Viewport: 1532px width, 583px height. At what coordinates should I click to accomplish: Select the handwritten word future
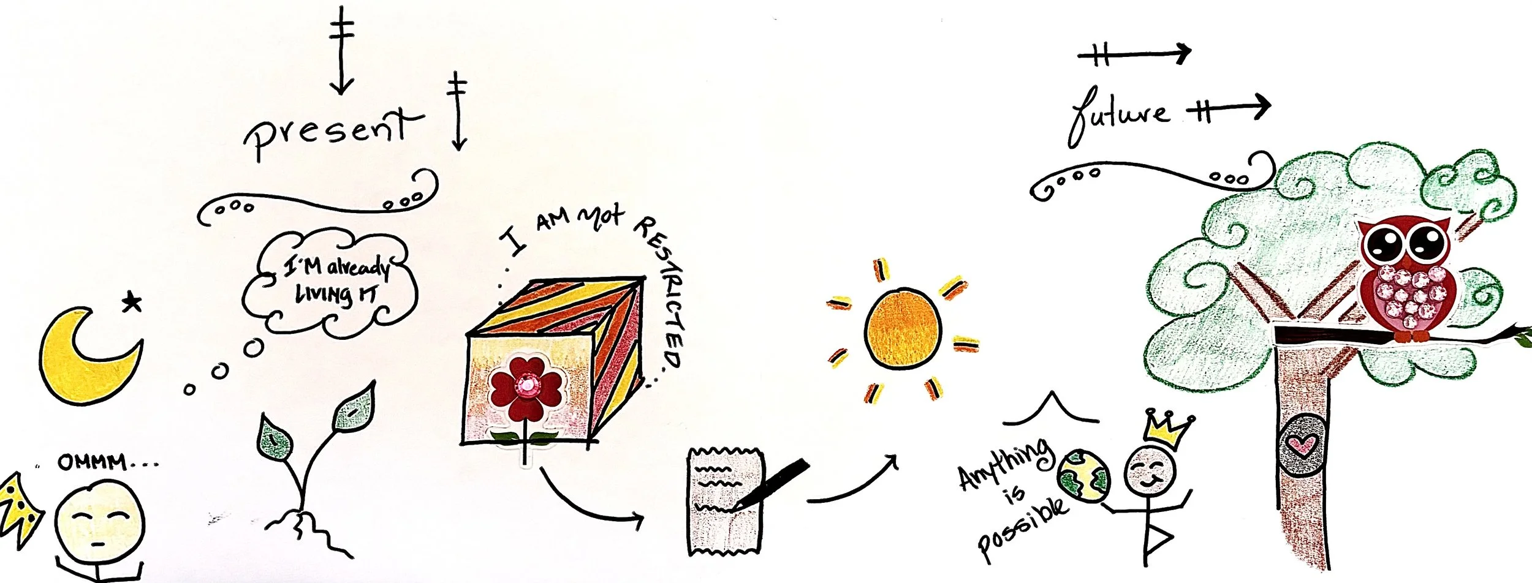click(1119, 116)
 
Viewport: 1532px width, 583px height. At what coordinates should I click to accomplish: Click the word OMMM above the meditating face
click(93, 462)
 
